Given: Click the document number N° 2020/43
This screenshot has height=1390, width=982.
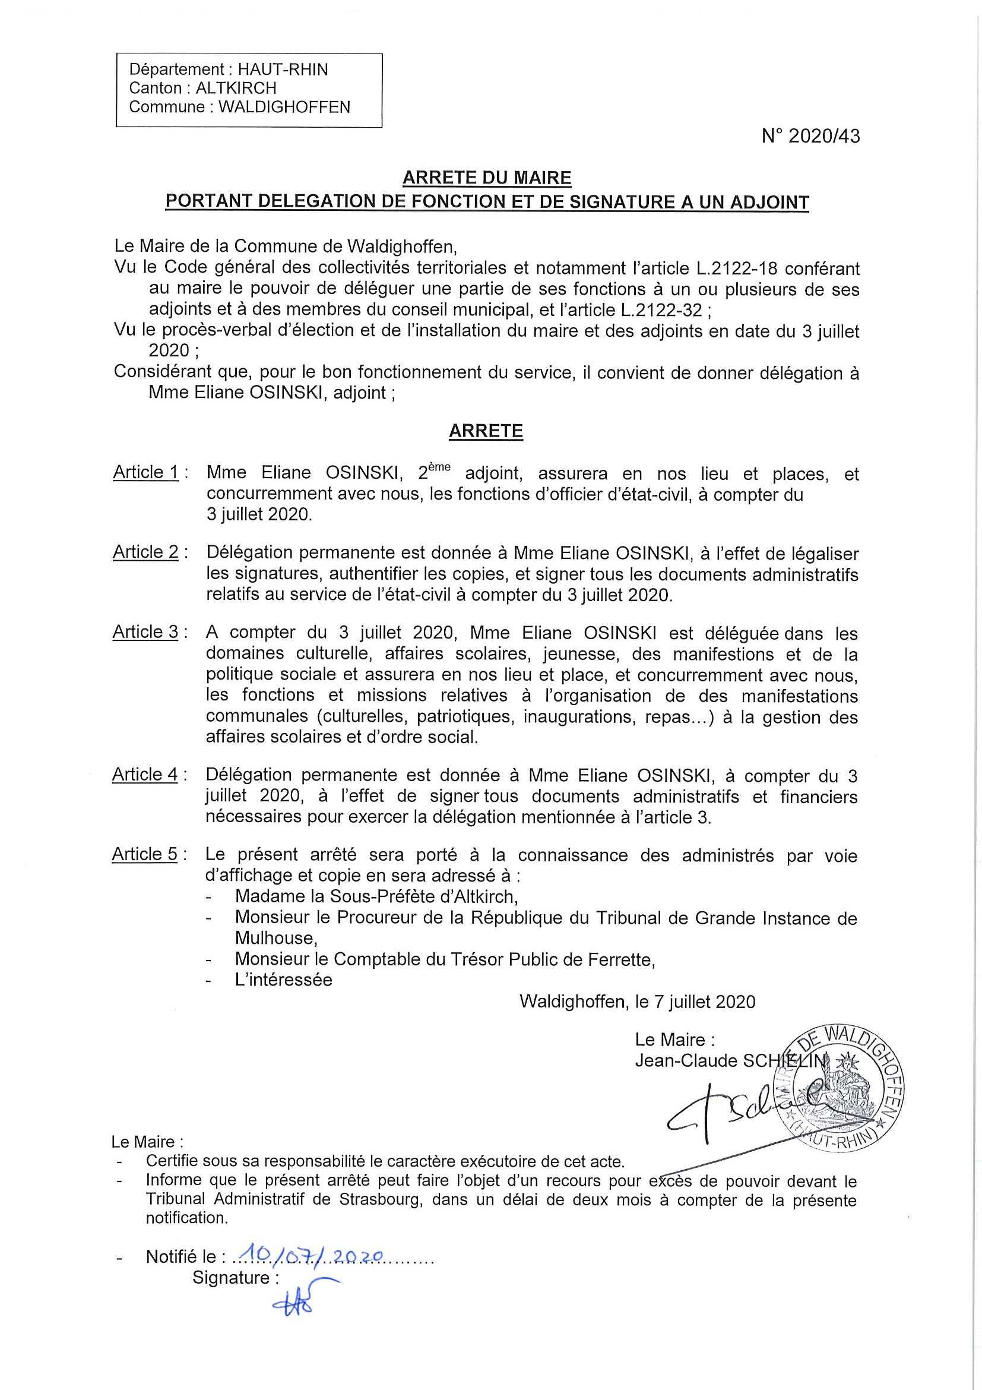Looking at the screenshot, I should (x=810, y=137).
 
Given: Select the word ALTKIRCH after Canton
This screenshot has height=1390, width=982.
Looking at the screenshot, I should (x=236, y=89).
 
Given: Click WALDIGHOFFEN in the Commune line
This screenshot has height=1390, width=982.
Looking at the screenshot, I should (x=284, y=107).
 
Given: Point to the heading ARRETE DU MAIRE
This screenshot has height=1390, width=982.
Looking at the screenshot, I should (x=486, y=178).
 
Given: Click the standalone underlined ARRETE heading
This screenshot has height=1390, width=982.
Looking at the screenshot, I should (x=486, y=431).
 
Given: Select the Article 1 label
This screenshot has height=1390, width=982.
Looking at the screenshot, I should (x=146, y=472).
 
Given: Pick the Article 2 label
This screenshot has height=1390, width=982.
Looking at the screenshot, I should (x=146, y=552).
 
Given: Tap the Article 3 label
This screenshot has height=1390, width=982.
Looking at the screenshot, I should (x=146, y=632).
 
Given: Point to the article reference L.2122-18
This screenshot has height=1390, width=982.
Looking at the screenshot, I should (x=740, y=268).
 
